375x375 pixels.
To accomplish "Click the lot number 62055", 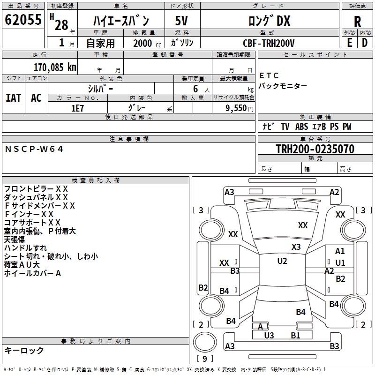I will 23,20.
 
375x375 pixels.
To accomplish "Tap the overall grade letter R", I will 357,21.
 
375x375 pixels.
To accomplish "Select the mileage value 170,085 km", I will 55,67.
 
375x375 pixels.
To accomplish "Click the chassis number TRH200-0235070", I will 315,149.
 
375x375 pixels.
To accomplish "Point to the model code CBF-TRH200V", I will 269,43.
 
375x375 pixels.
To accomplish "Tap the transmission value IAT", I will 14,97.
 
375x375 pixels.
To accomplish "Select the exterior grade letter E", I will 349,43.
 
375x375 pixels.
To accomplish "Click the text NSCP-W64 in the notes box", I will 34,149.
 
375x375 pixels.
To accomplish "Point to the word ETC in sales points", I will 269,75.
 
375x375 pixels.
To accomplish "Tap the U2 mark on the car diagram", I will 282,261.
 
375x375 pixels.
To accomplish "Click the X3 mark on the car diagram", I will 296,247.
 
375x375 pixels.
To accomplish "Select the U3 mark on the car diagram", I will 269,335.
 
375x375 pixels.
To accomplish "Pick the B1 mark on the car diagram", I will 295,335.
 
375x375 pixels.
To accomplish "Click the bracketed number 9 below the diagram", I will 204,359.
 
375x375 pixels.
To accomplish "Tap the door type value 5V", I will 182,21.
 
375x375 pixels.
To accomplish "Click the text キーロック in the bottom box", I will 24,350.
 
